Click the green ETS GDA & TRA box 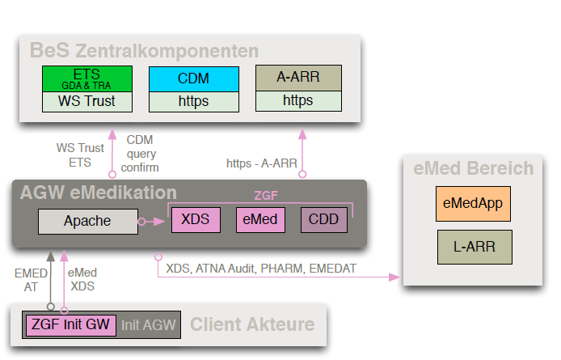86,79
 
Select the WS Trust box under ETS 86,102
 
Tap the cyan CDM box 193,79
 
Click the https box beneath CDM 193,102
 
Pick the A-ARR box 297,78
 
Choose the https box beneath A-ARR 297,101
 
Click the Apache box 87,220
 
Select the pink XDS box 195,220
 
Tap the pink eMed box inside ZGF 259,220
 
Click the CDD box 323,220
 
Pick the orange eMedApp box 473,203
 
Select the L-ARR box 473,247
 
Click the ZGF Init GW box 71,325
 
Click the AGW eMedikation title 99,193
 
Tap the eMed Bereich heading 473,168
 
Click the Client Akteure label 252,325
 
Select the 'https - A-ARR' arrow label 261,163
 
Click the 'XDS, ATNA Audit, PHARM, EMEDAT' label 261,267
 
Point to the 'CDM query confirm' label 140,153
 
